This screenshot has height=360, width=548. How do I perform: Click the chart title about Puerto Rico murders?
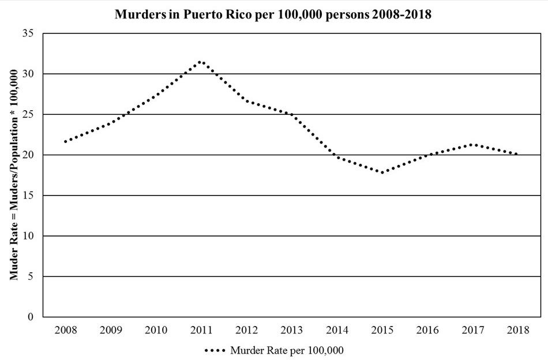(x=273, y=14)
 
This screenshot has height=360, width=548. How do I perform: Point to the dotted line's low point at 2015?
(x=382, y=172)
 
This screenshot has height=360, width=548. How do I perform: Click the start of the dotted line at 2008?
(x=65, y=141)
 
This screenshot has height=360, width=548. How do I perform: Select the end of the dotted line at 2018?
(x=517, y=154)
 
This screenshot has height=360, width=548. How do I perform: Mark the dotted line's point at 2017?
(x=472, y=144)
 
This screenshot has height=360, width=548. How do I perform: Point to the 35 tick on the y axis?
(x=29, y=33)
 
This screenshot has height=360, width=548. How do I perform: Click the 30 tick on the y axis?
(x=29, y=74)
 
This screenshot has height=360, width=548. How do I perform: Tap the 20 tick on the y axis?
(x=29, y=155)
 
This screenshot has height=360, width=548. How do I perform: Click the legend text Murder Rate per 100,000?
(x=287, y=350)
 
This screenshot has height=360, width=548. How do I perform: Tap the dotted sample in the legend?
(x=215, y=350)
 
